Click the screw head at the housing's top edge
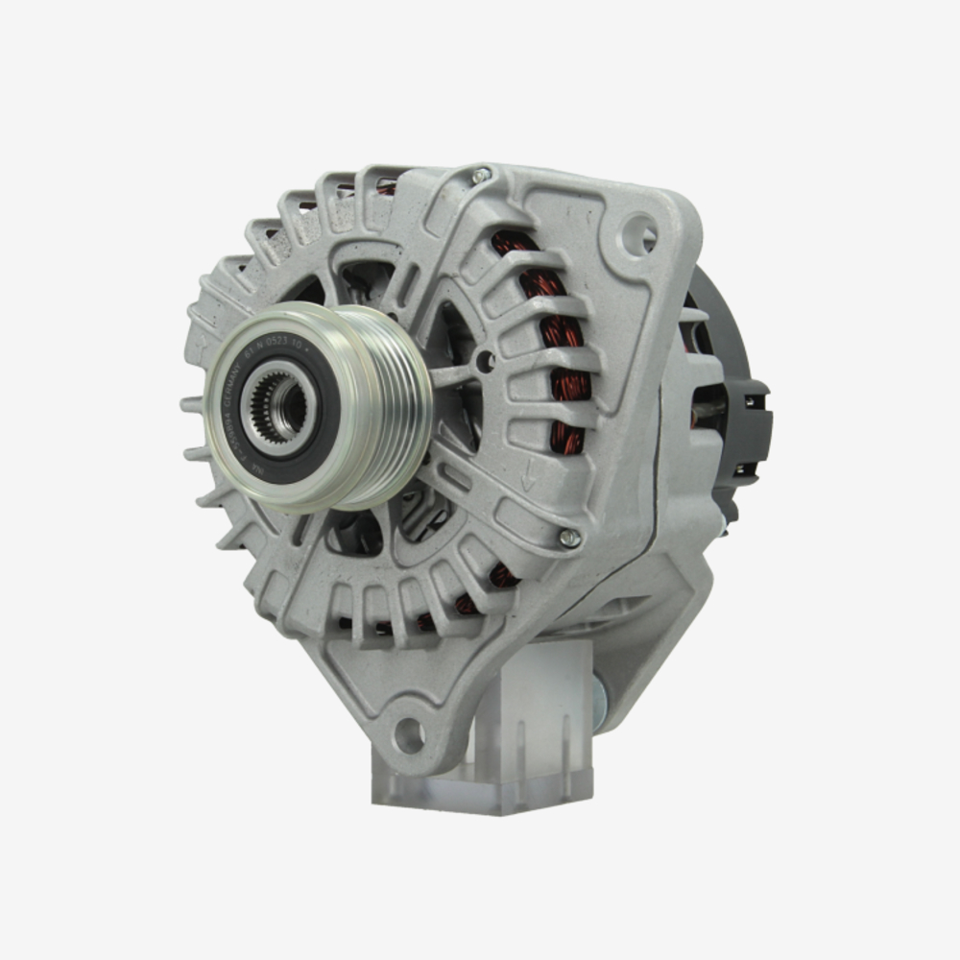click(x=481, y=175)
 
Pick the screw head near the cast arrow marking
click(x=570, y=539)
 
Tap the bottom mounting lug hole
click(x=410, y=735)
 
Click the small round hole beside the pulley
click(x=485, y=362)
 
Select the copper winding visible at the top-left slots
click(x=384, y=187)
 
